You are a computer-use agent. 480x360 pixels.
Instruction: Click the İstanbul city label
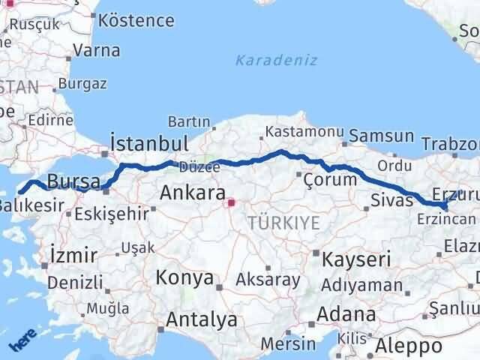(x=148, y=143)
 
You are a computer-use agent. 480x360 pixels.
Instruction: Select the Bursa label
(x=73, y=181)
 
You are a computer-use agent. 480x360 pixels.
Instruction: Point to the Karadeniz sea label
(x=276, y=60)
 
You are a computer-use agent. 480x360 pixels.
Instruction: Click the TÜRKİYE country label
(x=284, y=222)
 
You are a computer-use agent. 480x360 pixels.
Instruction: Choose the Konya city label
(x=184, y=277)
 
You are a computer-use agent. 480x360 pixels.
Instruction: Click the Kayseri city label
(x=356, y=259)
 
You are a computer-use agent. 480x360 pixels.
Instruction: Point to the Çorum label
(x=330, y=180)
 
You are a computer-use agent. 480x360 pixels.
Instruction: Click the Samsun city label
(x=382, y=136)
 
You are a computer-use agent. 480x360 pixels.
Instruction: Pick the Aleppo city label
(x=409, y=346)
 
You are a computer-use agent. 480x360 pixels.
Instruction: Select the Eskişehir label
(x=112, y=214)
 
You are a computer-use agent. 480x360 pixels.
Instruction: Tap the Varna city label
(x=96, y=51)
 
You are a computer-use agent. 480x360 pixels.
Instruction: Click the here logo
(x=22, y=341)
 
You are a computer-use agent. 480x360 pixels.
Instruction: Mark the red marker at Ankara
(x=232, y=202)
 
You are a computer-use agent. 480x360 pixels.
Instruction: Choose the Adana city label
(x=346, y=313)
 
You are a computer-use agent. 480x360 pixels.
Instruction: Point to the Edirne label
(x=49, y=120)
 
